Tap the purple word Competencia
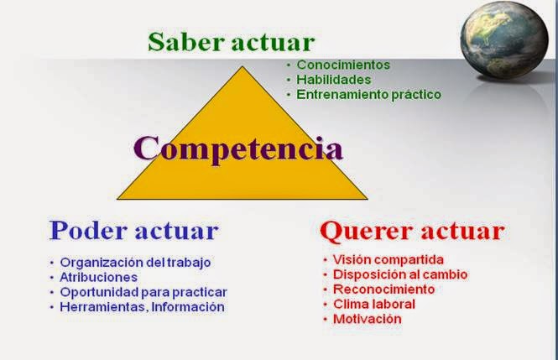pos(238,149)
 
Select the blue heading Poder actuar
pos(133,230)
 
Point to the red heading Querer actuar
pos(412,230)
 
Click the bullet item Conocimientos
pos(342,65)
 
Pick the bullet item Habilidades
pos(333,80)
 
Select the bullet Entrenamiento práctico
pos(368,95)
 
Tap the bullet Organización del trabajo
pos(135,262)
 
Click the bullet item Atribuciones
pos(98,277)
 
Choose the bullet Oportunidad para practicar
pos(143,292)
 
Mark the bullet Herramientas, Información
pos(142,307)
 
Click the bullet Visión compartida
pos(388,259)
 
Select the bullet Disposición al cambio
pos(399,274)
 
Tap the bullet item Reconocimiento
pos(383,290)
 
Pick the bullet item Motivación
pos(367,319)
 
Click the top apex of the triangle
pos(242,68)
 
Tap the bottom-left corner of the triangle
pos(118,198)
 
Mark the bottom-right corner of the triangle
pos(367,198)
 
